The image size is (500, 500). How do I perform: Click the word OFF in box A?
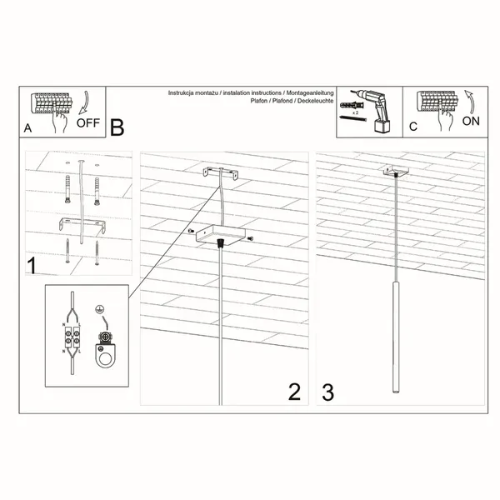pyautogui.click(x=87, y=122)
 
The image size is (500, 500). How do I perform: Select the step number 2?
pyautogui.click(x=293, y=392)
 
